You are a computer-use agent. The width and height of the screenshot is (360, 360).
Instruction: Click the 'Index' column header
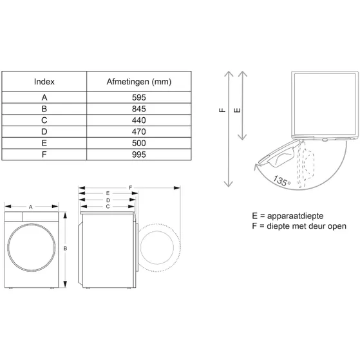coord(44,82)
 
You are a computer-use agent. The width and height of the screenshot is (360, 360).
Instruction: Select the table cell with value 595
coord(139,97)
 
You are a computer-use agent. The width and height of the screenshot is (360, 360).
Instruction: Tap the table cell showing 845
coord(139,109)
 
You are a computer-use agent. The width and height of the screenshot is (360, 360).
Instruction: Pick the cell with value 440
coord(139,120)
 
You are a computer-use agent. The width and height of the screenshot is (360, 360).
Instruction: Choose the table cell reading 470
coord(139,131)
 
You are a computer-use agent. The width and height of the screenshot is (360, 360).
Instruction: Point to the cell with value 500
coord(139,143)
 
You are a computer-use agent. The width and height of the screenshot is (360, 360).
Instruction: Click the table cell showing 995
coord(139,155)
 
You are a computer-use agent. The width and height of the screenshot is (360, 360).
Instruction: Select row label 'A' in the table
coord(44,97)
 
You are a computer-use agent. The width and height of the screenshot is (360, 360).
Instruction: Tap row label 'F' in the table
coord(44,155)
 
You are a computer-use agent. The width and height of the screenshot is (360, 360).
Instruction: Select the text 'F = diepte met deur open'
coord(299,226)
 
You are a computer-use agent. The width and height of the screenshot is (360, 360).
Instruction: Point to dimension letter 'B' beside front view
coord(66,248)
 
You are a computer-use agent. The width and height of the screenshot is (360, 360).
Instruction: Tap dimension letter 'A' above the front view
coord(30,207)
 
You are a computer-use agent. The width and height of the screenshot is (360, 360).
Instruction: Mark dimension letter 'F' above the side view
coord(129,187)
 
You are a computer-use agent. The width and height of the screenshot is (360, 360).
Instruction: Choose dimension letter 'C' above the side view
coord(108,206)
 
